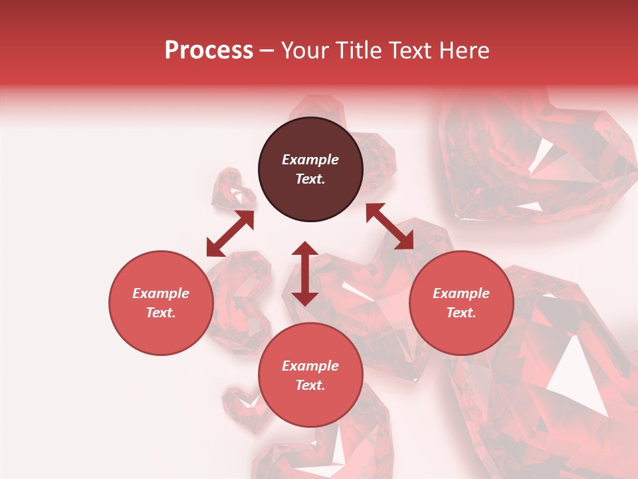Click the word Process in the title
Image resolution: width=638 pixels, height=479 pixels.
[x=209, y=51]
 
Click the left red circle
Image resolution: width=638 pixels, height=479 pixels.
[x=161, y=303]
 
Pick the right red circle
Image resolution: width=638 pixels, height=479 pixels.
[x=461, y=303]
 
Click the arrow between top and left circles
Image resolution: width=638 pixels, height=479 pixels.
[x=230, y=233]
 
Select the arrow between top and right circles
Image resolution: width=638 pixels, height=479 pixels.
[x=389, y=226]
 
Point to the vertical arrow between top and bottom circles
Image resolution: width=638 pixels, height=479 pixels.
[x=305, y=273]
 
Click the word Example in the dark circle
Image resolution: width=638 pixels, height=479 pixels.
[x=310, y=160]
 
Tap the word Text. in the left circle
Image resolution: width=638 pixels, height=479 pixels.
[x=161, y=313]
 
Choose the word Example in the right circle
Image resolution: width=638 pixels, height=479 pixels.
[x=461, y=293]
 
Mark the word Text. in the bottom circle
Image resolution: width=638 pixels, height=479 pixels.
[x=310, y=385]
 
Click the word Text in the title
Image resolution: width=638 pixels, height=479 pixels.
[x=412, y=51]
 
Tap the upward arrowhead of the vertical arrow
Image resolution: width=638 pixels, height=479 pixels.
[x=305, y=249]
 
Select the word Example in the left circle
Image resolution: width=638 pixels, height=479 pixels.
[x=161, y=293]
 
